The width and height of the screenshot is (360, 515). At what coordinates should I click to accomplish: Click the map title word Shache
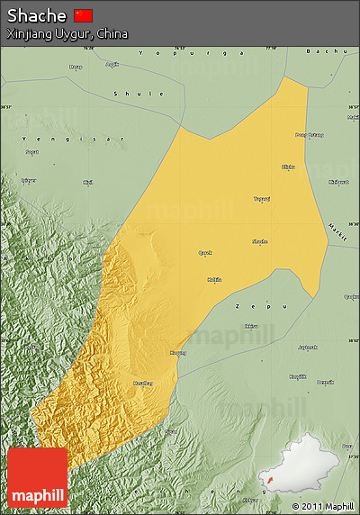[37, 15]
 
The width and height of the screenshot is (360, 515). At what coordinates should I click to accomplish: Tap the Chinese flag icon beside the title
[83, 15]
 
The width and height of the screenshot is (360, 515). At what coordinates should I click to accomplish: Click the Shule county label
[139, 94]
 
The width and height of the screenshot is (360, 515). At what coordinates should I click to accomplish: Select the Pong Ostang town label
[309, 135]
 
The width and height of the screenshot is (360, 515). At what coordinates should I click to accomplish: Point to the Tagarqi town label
[261, 199]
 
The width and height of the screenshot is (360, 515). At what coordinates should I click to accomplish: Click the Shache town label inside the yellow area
[259, 241]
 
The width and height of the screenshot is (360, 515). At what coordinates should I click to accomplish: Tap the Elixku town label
[289, 167]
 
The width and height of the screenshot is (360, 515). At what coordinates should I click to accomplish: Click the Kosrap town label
[178, 353]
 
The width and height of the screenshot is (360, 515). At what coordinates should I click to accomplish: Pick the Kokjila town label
[214, 279]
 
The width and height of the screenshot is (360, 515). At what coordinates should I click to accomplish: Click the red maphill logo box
[37, 477]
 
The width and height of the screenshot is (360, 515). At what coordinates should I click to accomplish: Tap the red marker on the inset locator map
[267, 492]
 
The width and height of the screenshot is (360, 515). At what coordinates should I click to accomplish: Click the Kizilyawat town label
[339, 182]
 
